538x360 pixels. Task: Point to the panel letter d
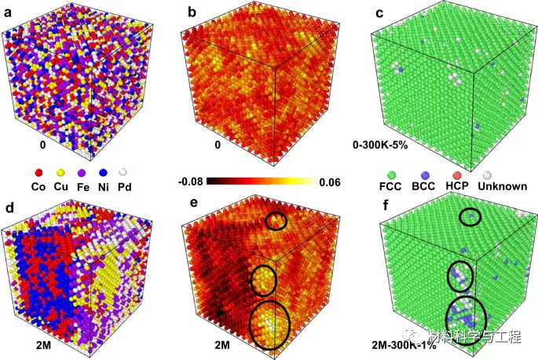pos(8,210)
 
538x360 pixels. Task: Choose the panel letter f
pos(379,210)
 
